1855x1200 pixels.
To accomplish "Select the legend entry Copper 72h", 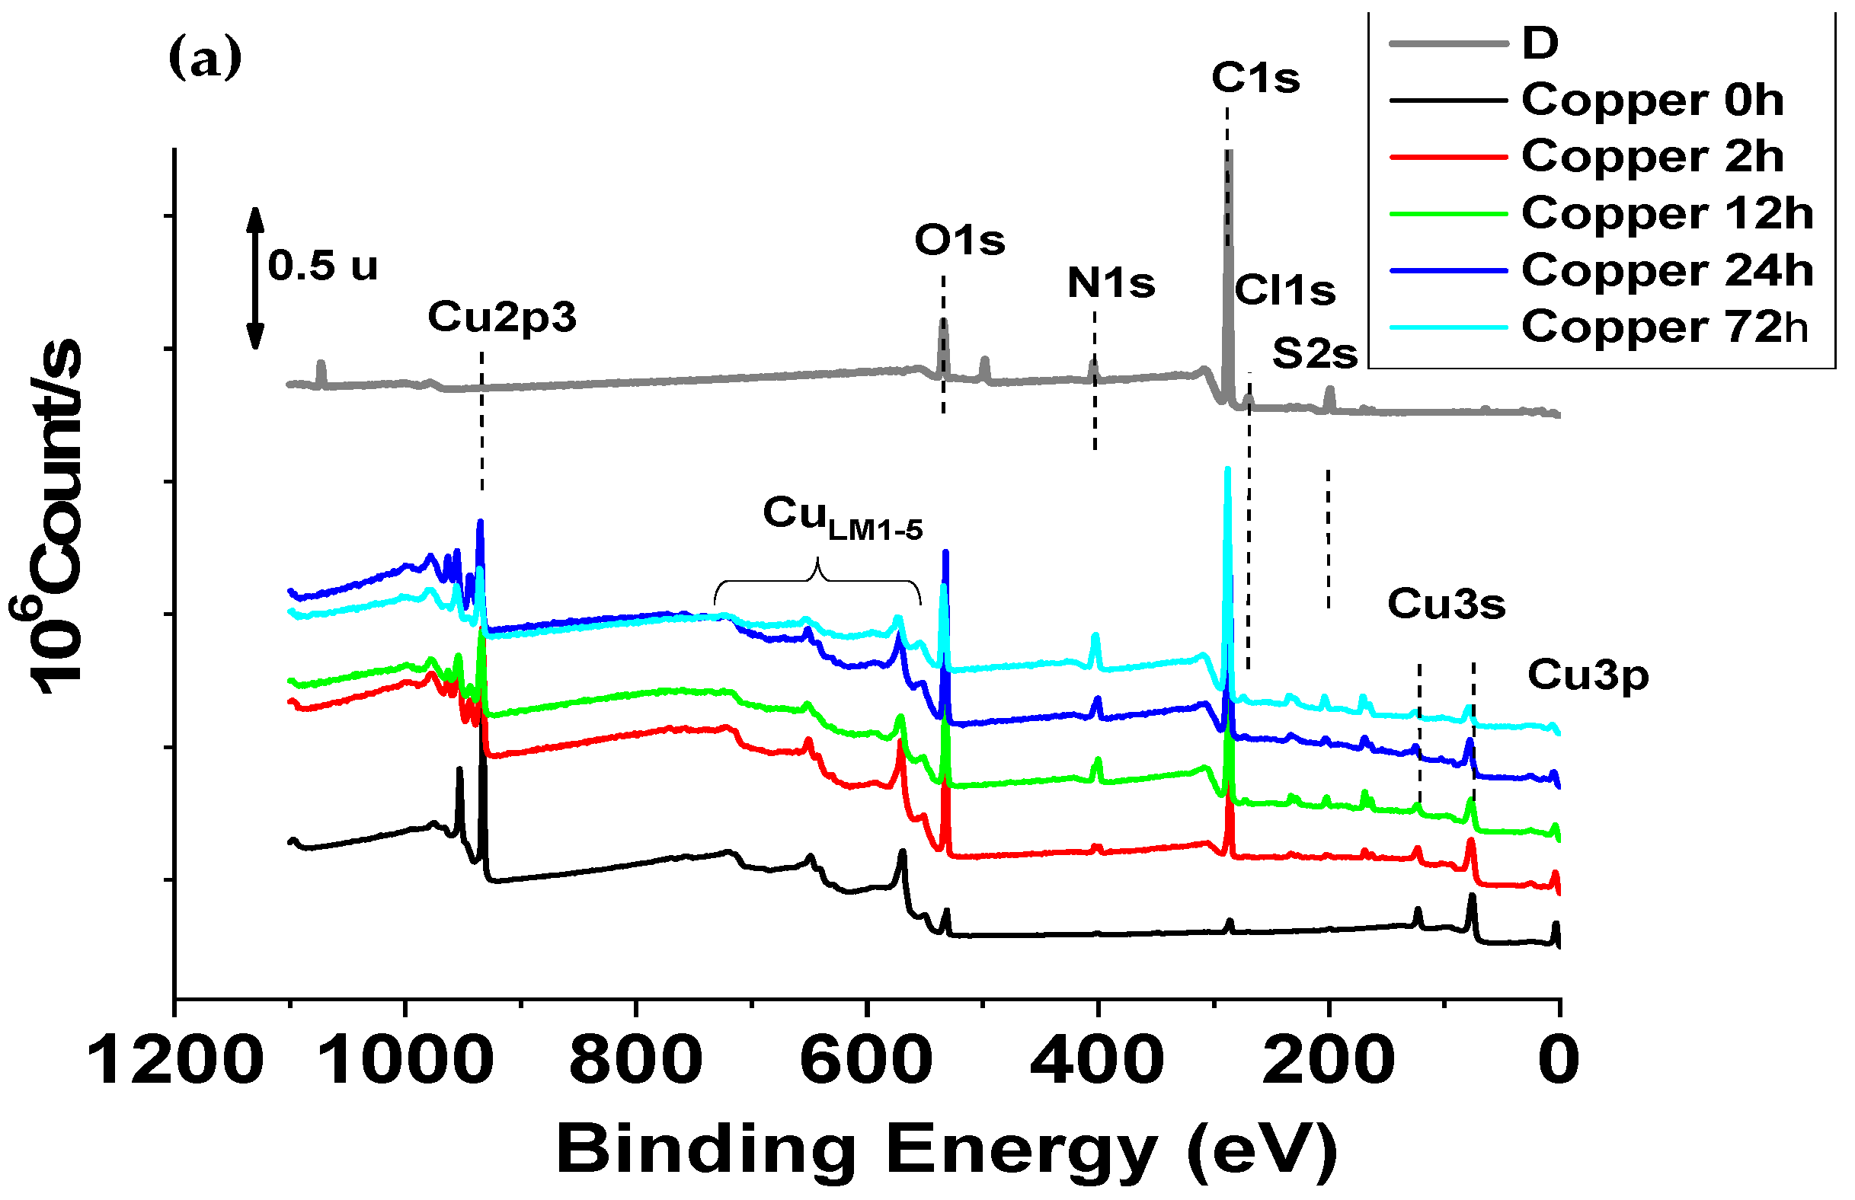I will coord(1664,327).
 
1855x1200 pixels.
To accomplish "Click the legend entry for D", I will coord(1540,42).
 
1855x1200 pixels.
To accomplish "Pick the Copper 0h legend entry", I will coord(1652,100).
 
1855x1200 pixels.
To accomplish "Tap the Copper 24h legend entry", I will coord(1666,270).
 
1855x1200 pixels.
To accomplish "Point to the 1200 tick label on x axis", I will coord(175,1061).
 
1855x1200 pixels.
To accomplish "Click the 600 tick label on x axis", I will coord(866,1061).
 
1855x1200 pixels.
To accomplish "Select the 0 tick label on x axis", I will coord(1559,1061).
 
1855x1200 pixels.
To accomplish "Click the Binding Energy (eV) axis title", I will coord(947,1149).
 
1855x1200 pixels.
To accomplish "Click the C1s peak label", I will coord(1255,78).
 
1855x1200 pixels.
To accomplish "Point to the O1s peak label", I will coord(959,240).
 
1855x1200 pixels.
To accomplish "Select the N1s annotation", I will coord(1111,282).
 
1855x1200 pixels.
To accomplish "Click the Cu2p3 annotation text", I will coord(502,318).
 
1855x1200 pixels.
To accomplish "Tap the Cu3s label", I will coord(1447,604).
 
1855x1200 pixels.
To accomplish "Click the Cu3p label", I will coord(1588,674).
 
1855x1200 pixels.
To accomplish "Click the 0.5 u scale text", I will coord(323,266).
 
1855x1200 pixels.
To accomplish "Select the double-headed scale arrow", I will coord(255,277).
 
